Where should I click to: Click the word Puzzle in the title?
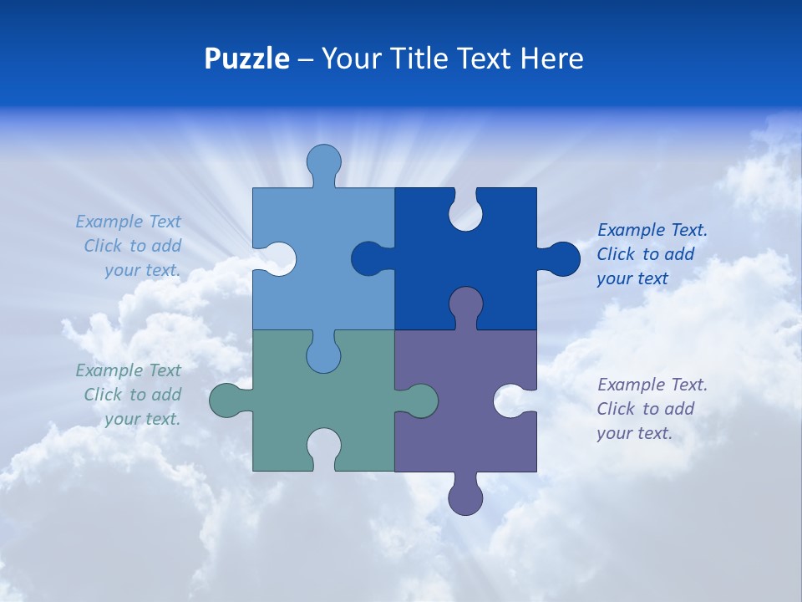247,59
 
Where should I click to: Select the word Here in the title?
551,59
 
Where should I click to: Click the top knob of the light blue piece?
323,161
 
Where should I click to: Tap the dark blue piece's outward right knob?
563,258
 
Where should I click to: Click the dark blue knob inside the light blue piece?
368,259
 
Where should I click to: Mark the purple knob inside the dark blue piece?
465,304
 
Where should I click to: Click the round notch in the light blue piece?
278,259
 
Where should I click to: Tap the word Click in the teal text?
103,395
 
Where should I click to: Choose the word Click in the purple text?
616,409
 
